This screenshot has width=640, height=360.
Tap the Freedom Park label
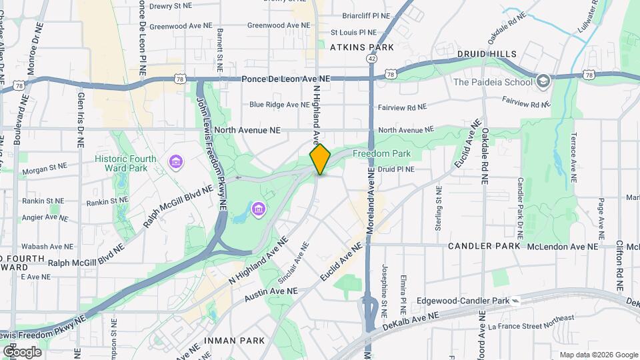click(381, 154)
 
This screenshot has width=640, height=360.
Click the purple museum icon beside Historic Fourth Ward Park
click(176, 162)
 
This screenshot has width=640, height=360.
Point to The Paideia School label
click(493, 82)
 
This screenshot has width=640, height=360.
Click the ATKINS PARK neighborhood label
click(362, 47)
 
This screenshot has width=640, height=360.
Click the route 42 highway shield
click(371, 59)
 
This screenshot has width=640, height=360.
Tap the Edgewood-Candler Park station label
click(463, 301)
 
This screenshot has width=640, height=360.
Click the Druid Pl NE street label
click(396, 169)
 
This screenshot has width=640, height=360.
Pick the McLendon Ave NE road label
click(563, 247)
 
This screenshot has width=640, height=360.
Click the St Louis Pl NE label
click(353, 32)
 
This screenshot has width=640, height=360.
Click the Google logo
click(21, 351)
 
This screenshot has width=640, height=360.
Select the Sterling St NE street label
click(439, 213)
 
